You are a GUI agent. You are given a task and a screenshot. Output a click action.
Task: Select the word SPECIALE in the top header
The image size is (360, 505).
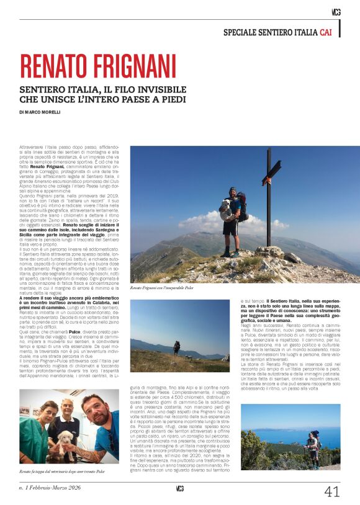click(243, 31)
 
